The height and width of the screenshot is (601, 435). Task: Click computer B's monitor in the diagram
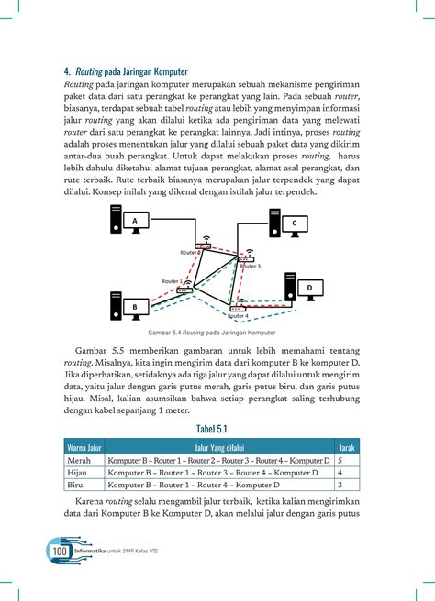(x=134, y=306)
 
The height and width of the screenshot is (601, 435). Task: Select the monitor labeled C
(x=294, y=223)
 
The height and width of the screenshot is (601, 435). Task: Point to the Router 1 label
(x=172, y=281)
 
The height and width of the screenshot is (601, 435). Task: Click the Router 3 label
(x=249, y=267)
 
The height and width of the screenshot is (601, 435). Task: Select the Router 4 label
(x=238, y=316)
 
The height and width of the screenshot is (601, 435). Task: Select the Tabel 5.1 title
(x=217, y=429)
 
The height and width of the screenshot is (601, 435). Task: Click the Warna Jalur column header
(x=83, y=446)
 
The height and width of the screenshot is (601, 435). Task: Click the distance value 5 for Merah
(x=340, y=460)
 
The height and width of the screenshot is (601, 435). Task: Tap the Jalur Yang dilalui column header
(x=218, y=446)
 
